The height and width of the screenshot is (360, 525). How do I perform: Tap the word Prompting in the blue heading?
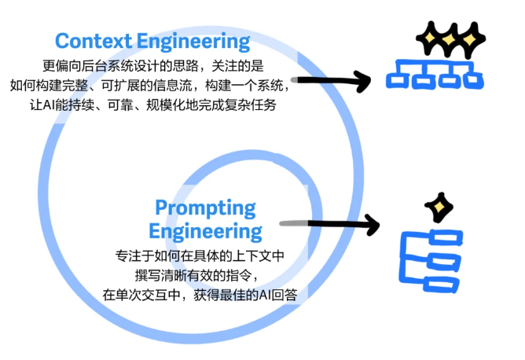[205, 208]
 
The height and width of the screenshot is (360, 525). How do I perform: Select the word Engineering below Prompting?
[205, 231]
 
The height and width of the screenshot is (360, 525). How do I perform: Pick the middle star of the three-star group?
[450, 36]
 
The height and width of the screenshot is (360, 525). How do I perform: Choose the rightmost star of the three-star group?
[472, 36]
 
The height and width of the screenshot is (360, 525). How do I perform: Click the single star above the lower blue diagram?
[439, 208]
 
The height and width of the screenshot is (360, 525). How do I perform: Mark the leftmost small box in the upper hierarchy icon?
[398, 79]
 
